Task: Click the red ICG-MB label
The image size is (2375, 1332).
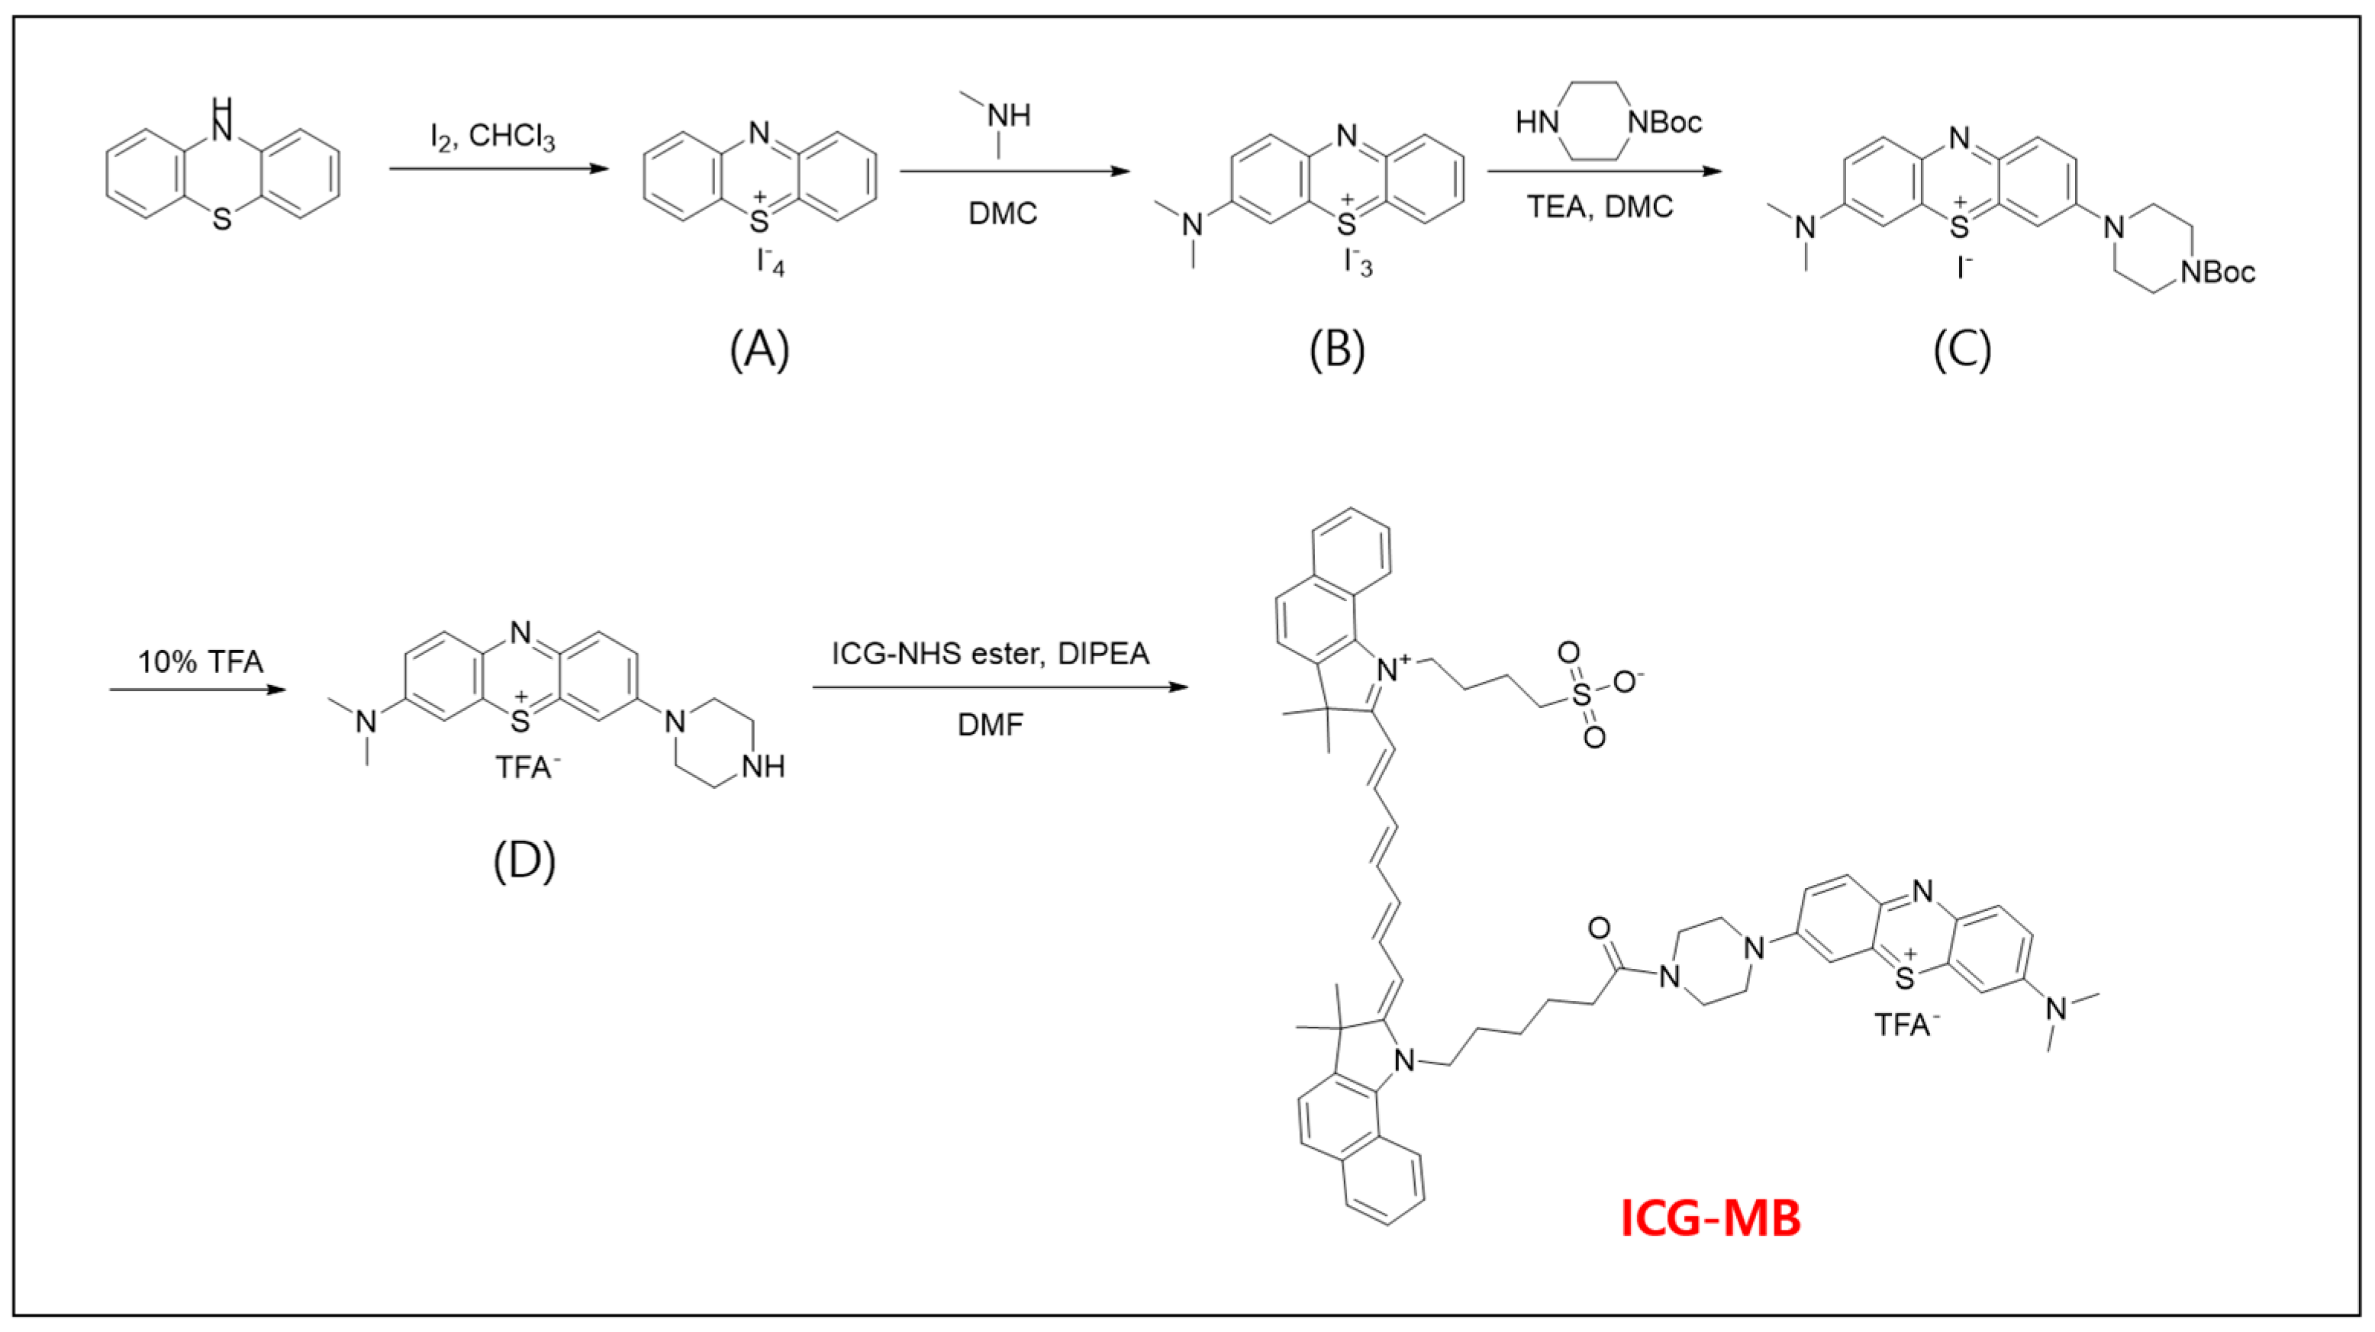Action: coord(1710,1218)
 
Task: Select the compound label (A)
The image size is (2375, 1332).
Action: coord(759,350)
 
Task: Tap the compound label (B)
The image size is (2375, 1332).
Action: coord(1337,350)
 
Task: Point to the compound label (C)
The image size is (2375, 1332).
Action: coord(1962,350)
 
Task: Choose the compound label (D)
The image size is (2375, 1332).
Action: coord(524,861)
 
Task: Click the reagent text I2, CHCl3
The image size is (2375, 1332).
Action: coord(492,138)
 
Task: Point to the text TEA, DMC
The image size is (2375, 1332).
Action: coord(1600,207)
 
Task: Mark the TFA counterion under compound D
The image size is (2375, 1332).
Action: coord(527,767)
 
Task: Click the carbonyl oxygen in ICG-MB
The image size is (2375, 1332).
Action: coord(1600,928)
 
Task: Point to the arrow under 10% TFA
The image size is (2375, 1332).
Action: coord(198,689)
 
